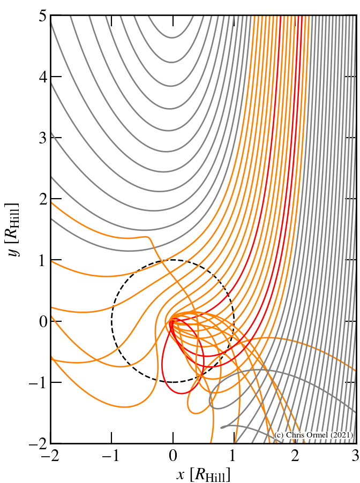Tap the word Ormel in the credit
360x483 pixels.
click(321, 435)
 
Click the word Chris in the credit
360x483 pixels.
click(300, 435)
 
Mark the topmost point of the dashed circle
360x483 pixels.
click(173, 260)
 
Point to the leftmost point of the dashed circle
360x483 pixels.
click(112, 321)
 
